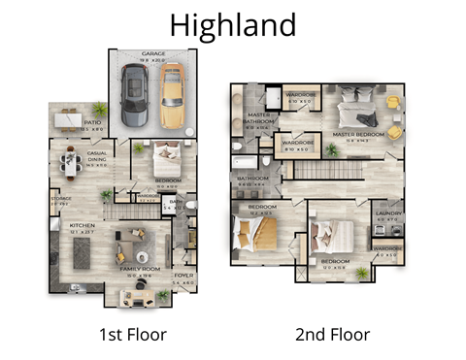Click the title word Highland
tap(232, 24)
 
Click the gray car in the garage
tap(135, 98)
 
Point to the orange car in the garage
tap(171, 98)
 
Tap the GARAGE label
tap(152, 54)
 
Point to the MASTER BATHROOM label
tap(257, 119)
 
